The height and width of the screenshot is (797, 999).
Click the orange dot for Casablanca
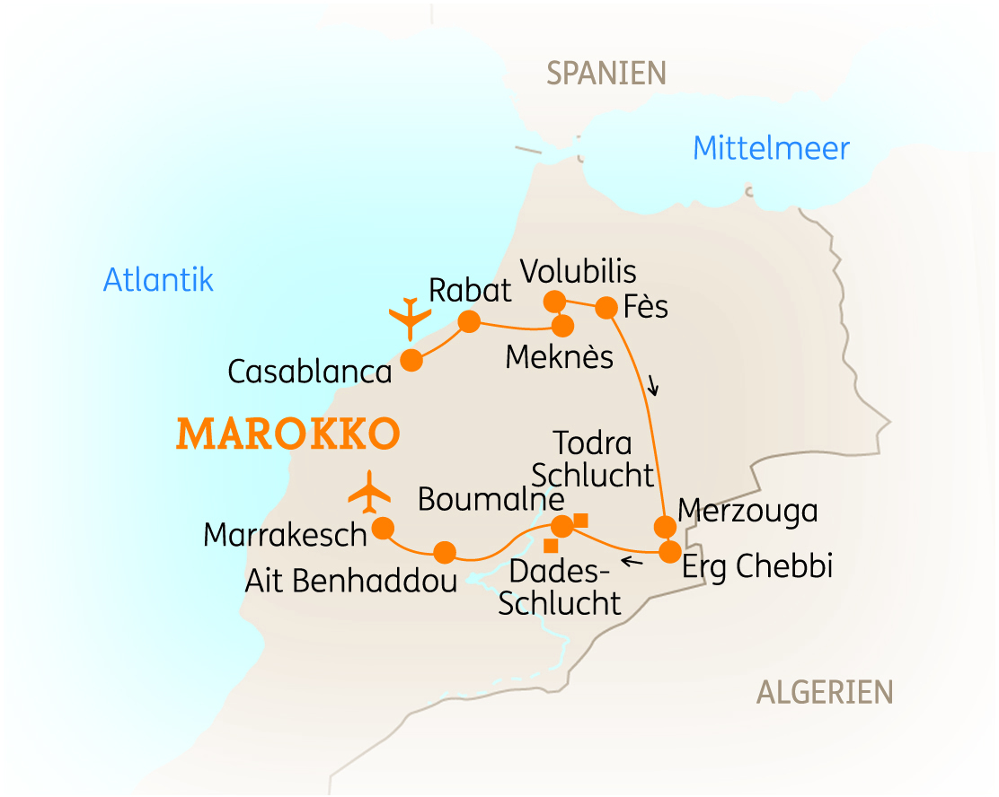411,360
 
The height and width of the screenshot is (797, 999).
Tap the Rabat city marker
469,321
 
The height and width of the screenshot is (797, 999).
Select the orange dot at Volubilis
554,300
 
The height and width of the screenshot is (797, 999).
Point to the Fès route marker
606,308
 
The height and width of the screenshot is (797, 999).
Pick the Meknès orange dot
562,326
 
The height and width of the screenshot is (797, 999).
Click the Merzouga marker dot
664,526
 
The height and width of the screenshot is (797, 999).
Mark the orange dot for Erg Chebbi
669,552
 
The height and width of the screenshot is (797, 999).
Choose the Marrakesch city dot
383,527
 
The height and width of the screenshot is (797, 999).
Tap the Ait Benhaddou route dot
445,551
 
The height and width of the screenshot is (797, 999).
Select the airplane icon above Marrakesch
370,491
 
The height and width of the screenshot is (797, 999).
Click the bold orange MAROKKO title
288,434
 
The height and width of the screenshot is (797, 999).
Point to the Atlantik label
158,280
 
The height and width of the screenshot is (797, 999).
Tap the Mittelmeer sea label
771,148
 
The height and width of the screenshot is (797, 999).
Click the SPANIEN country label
606,74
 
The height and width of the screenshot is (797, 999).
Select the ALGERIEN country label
825,692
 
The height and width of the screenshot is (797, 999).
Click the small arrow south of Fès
653,387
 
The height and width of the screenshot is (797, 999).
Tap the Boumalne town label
491,499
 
